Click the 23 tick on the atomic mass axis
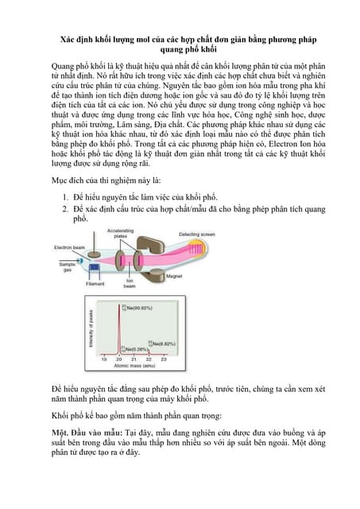163,359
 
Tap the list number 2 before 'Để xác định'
65,208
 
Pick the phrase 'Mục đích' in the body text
67,180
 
